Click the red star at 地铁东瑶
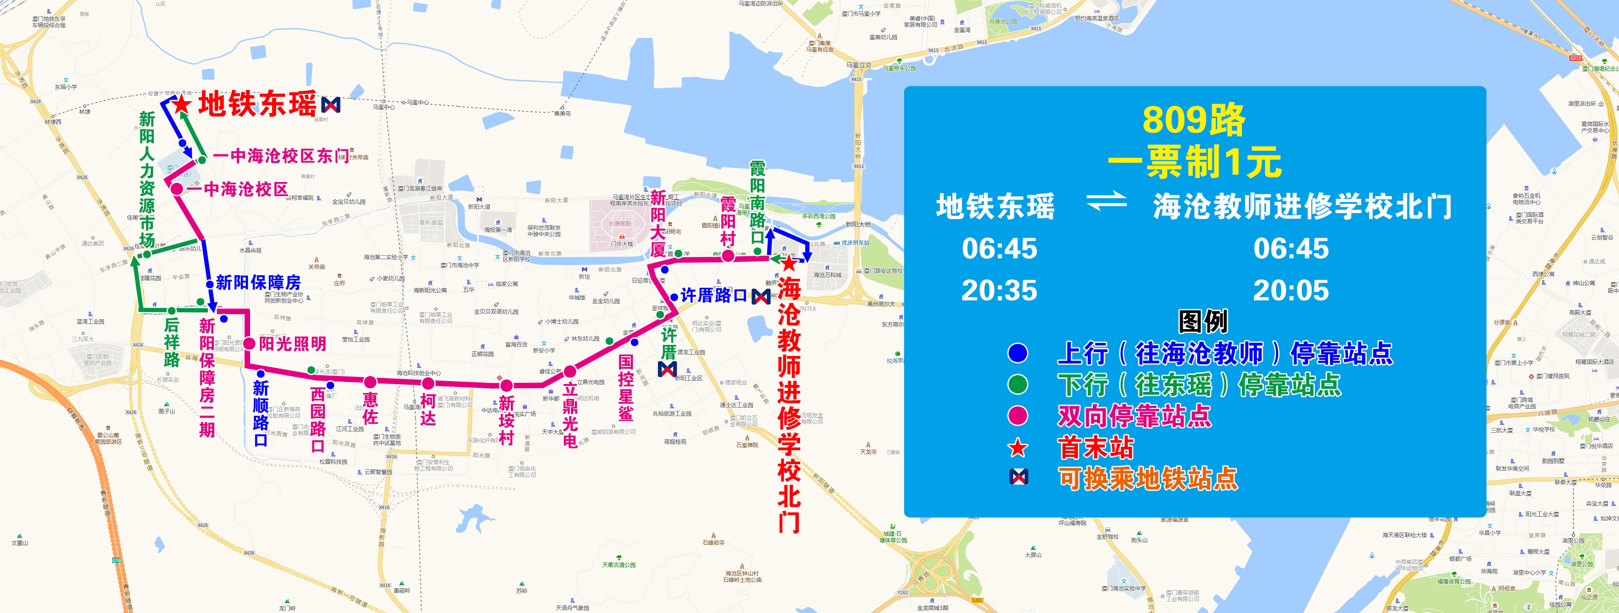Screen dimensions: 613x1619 181,104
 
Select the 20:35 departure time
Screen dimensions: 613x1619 999,290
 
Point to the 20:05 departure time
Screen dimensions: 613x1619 1291,290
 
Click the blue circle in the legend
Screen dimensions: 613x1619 1017,353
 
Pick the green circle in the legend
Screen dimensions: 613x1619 1017,384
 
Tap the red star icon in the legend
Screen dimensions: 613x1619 1017,448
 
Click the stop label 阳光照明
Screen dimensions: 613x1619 292,343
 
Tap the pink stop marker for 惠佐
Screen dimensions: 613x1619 370,382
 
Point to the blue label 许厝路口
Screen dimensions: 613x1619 713,295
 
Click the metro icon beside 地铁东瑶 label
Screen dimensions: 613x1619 331,104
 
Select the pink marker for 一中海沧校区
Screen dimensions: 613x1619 177,188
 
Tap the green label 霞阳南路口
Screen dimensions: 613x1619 758,201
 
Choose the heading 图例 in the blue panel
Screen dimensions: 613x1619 1202,321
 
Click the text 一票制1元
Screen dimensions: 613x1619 1194,162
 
